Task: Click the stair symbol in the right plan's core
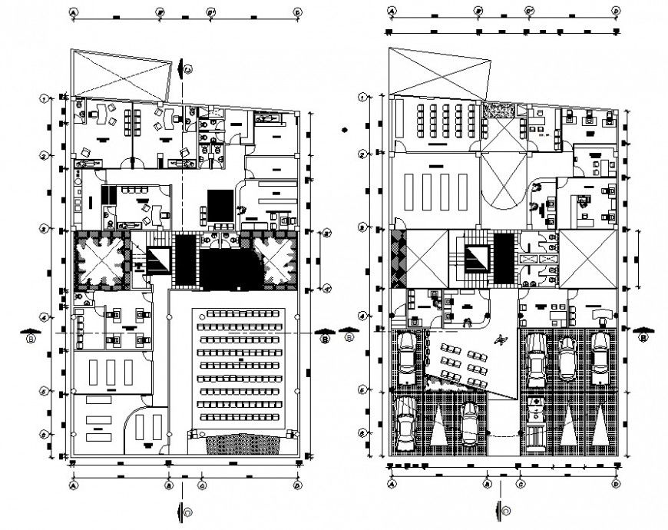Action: [472, 257]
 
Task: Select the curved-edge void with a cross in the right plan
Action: [503, 181]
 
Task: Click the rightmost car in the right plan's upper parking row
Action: [600, 353]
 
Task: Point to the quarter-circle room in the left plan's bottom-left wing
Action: [144, 426]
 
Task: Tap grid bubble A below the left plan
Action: [74, 485]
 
